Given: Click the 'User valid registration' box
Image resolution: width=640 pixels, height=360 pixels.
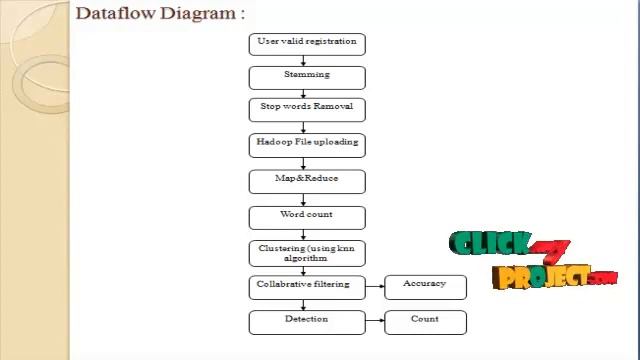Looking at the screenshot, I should click(x=307, y=44).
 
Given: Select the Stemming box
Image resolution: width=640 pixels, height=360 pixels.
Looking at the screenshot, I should click(x=307, y=77).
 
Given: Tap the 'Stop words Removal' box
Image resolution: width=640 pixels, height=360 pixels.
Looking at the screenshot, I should click(x=307, y=109).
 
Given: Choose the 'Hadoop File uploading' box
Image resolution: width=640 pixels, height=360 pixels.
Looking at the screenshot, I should click(x=307, y=144).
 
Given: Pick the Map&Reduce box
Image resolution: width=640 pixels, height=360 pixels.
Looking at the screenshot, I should click(x=307, y=181).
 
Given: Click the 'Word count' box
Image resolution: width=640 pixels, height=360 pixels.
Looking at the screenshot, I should click(x=307, y=216).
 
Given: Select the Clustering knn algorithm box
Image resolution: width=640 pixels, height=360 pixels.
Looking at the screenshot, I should click(x=307, y=252).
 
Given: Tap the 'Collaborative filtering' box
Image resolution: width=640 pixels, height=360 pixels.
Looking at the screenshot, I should click(x=307, y=287).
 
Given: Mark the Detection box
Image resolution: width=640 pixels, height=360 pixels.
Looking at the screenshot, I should click(x=307, y=322).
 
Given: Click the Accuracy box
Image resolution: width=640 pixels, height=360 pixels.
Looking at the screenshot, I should click(x=425, y=287).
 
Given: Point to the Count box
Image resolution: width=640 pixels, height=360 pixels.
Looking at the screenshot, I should click(x=425, y=322).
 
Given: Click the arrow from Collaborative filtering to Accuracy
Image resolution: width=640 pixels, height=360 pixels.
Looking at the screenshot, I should click(x=375, y=287).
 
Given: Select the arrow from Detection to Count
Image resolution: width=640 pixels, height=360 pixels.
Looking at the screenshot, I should click(x=375, y=322).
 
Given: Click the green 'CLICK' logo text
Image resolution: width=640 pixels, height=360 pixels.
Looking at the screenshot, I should click(x=489, y=245).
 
